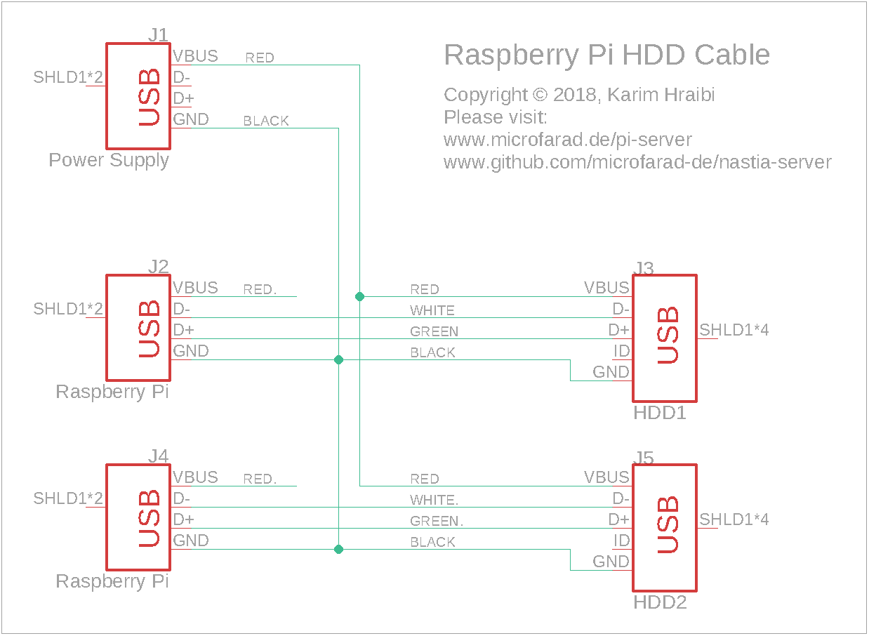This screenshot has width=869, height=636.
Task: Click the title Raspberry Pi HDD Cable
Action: [606, 55]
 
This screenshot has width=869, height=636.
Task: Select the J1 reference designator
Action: [158, 35]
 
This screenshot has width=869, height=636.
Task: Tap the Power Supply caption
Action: [109, 161]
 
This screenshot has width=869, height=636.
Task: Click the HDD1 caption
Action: [660, 413]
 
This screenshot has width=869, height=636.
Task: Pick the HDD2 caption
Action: [661, 602]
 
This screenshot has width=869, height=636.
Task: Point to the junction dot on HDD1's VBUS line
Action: [359, 296]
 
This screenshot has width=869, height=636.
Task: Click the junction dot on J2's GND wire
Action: [338, 359]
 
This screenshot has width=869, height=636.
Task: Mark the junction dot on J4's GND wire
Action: [338, 549]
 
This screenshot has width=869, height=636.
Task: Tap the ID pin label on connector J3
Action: [621, 351]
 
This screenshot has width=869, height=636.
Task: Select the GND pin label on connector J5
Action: [611, 562]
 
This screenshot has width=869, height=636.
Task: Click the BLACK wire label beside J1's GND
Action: [266, 121]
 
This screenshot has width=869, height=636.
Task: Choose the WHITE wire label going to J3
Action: [432, 310]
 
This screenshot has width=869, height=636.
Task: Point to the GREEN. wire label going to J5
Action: [437, 521]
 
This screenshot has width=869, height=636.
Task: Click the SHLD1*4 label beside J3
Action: [734, 330]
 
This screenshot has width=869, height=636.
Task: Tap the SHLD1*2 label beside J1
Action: [68, 77]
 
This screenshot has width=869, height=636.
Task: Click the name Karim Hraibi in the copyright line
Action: [661, 95]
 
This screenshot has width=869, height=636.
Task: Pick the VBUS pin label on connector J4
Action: [195, 477]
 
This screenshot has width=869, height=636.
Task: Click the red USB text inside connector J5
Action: [668, 524]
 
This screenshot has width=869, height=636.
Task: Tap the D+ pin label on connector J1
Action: [183, 98]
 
